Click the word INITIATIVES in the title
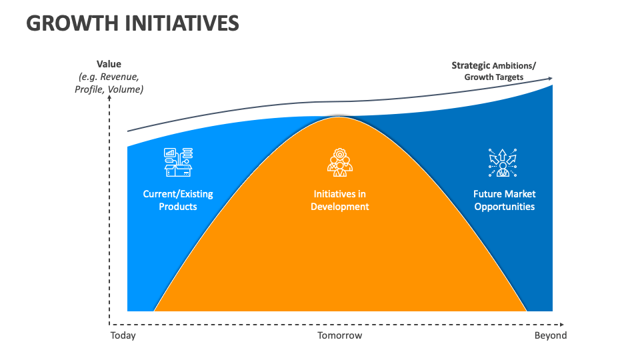coord(182,23)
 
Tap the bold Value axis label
coord(109,64)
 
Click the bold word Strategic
coord(471,65)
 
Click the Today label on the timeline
coord(123,335)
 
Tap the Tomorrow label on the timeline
coord(339,335)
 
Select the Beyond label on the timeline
coord(551,335)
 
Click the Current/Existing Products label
coord(178,200)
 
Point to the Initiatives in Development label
coord(339,200)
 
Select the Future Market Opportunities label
coord(504,200)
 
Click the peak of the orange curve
coord(339,118)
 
